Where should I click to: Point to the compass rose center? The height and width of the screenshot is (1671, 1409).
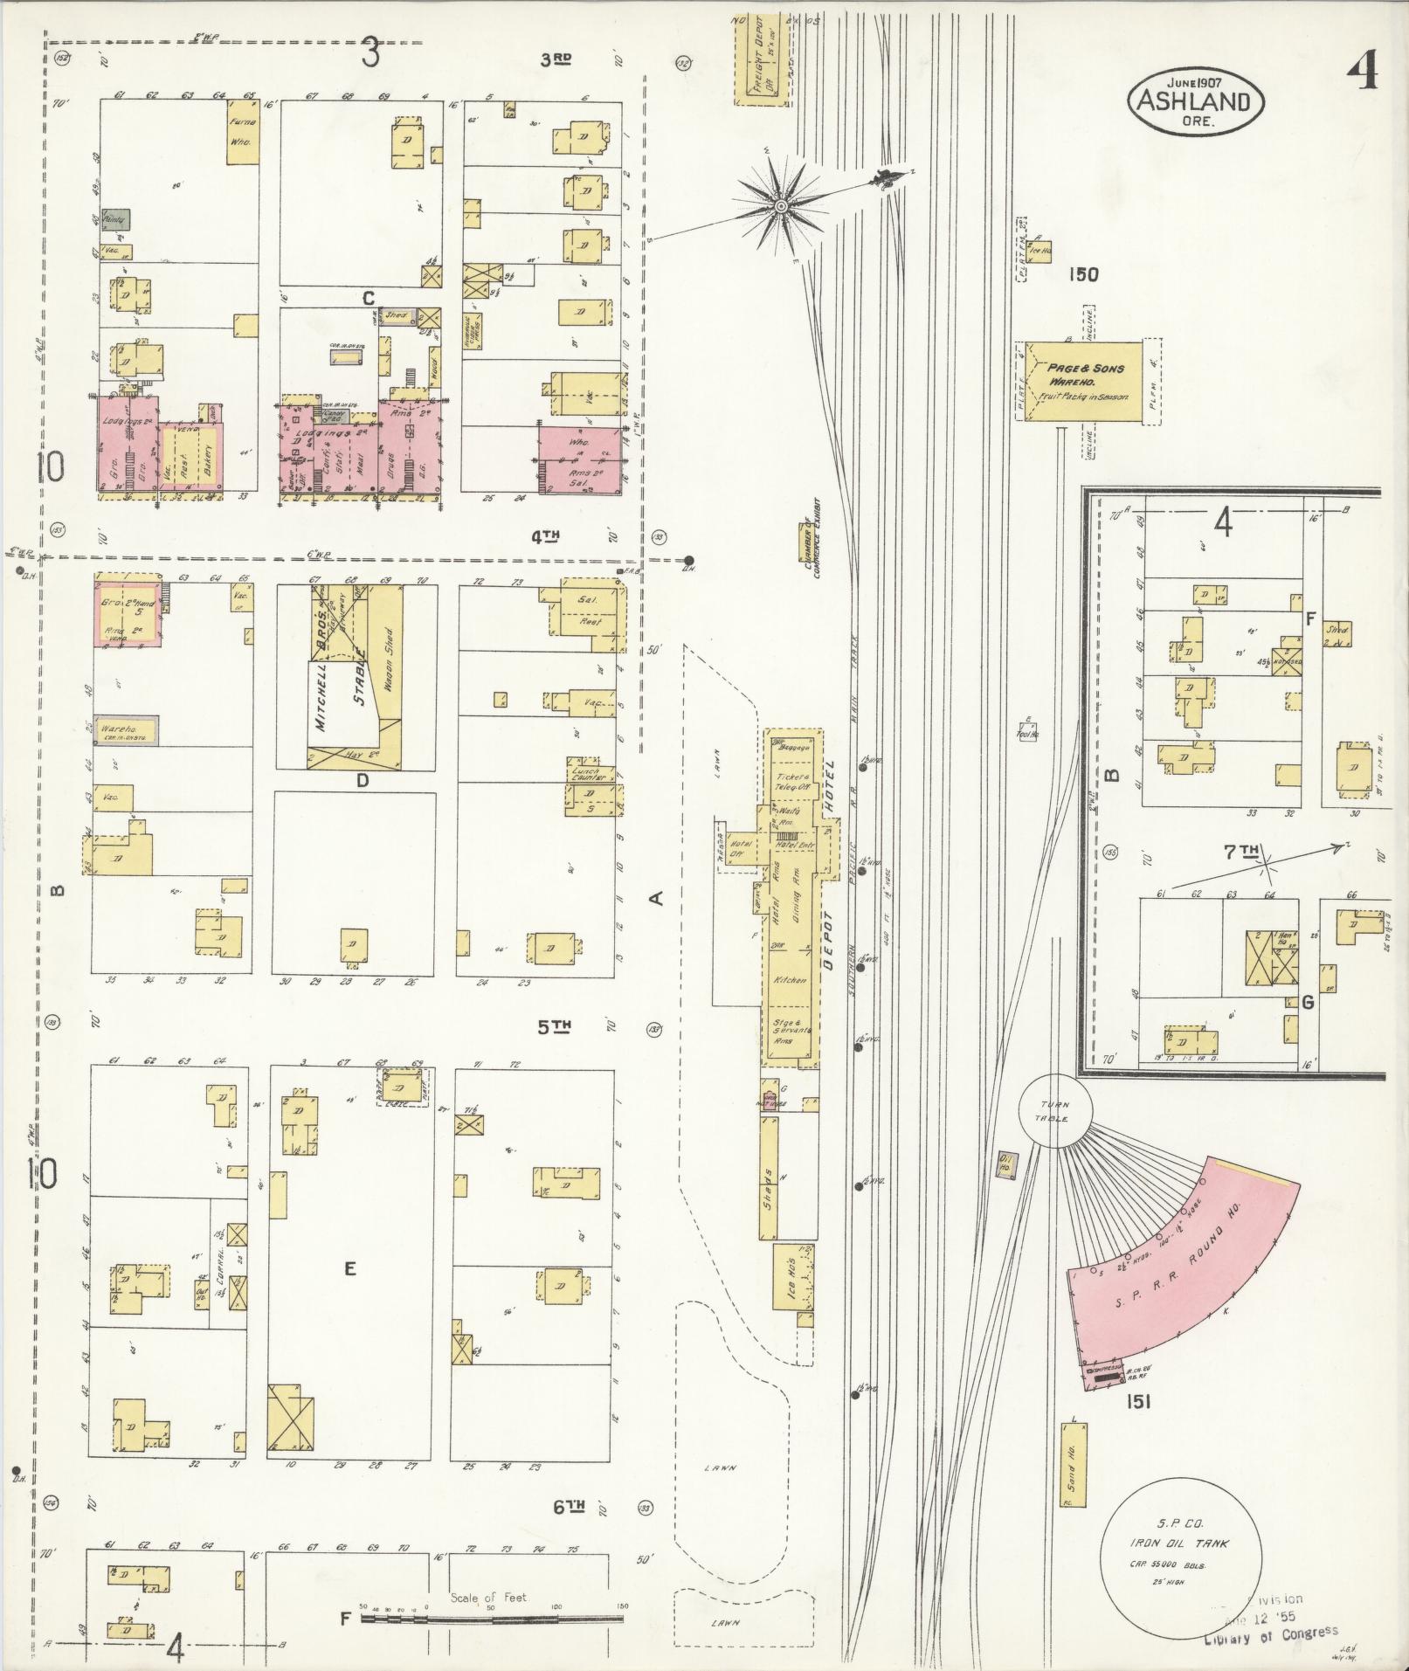pos(780,206)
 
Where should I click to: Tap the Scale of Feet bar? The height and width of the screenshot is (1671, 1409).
pos(492,1619)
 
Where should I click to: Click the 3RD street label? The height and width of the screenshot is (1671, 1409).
pos(556,59)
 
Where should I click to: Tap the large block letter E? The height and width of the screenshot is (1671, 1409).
pos(349,1268)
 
